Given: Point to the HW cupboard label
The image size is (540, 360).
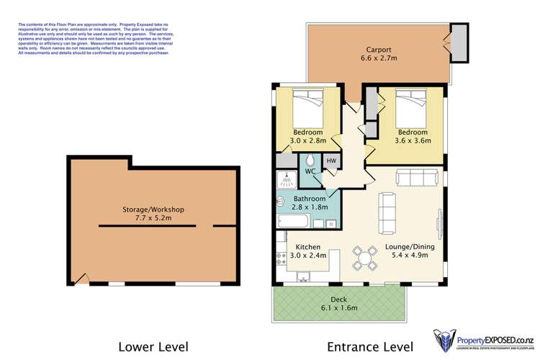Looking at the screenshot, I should tap(331, 161).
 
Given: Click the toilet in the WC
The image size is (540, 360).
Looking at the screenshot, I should tap(310, 160).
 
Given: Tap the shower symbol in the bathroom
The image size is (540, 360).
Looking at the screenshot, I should tap(283, 180).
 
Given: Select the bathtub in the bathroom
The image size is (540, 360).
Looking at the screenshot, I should tap(294, 220).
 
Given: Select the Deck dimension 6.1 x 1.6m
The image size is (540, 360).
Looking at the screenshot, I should tap(338, 308).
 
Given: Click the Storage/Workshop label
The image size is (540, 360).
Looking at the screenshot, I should tap(153, 210).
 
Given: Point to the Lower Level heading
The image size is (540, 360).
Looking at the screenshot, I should tap(153, 346).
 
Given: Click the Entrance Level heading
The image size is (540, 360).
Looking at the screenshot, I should tap(370, 346).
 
